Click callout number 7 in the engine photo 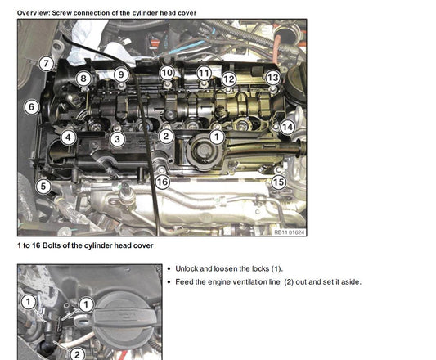(46, 64)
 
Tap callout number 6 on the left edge (31, 107)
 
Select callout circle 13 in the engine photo (272, 78)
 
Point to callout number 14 (287, 127)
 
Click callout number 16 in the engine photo (162, 182)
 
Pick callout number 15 (279, 182)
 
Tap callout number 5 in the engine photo (43, 186)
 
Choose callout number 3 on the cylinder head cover (117, 139)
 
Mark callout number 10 (167, 73)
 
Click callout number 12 (229, 79)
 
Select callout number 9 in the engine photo (121, 74)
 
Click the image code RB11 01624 (290, 232)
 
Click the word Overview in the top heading (34, 13)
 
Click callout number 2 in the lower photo (77, 354)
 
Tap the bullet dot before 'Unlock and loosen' (169, 269)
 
